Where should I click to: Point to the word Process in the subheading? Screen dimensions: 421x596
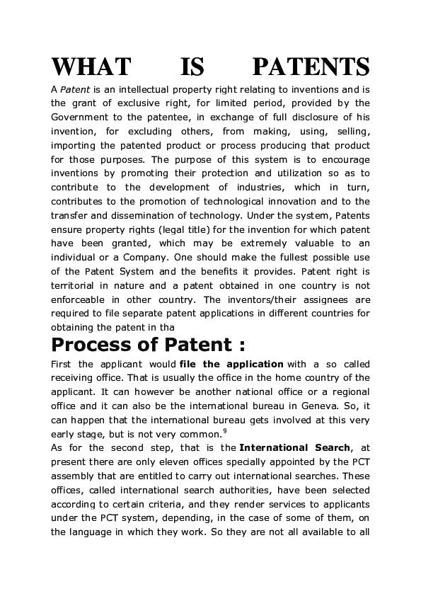point(93,345)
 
